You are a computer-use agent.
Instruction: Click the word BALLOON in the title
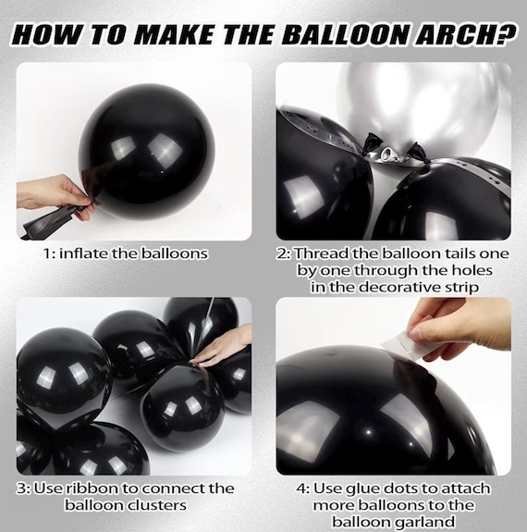pos(344,34)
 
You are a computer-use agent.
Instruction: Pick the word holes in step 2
pos(472,270)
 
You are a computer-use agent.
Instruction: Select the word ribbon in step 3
pos(91,489)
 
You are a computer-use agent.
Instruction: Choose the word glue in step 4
pos(362,489)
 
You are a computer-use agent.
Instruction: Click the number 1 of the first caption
pos(46,254)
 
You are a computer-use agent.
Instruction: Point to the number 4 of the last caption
pos(300,489)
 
